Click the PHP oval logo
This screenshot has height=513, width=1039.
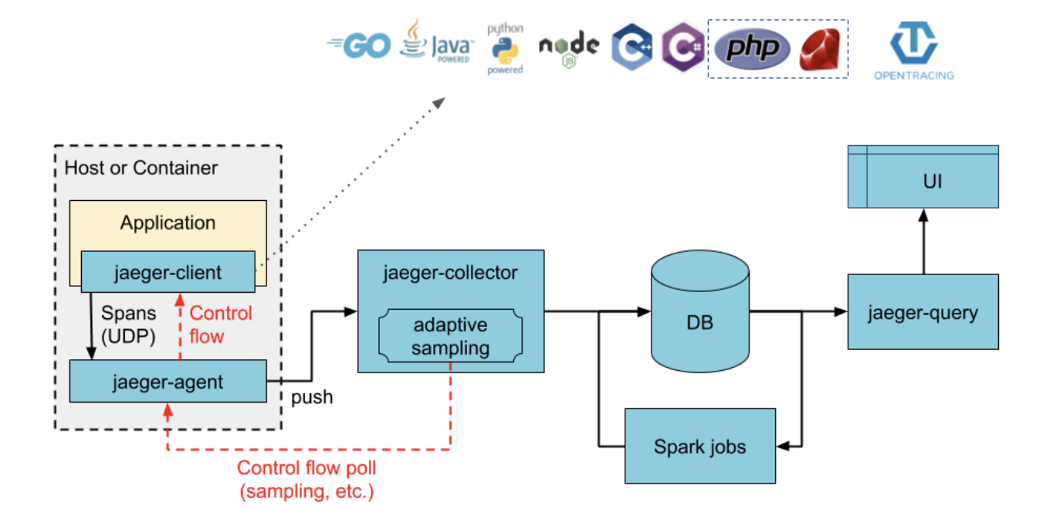pyautogui.click(x=752, y=49)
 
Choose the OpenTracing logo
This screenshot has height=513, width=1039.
pyautogui.click(x=913, y=50)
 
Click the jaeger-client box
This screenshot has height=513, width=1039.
pyautogui.click(x=168, y=272)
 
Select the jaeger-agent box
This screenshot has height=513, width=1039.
pyautogui.click(x=168, y=381)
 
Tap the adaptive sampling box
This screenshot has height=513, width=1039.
pyautogui.click(x=451, y=336)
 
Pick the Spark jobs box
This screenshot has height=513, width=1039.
pyautogui.click(x=699, y=446)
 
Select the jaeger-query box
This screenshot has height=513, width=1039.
pyautogui.click(x=922, y=312)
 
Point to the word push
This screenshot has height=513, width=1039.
pyautogui.click(x=312, y=397)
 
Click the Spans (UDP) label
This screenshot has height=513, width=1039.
pyautogui.click(x=129, y=324)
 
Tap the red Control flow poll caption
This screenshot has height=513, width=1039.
pyautogui.click(x=306, y=479)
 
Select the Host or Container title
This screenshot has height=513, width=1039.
pyautogui.click(x=141, y=168)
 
